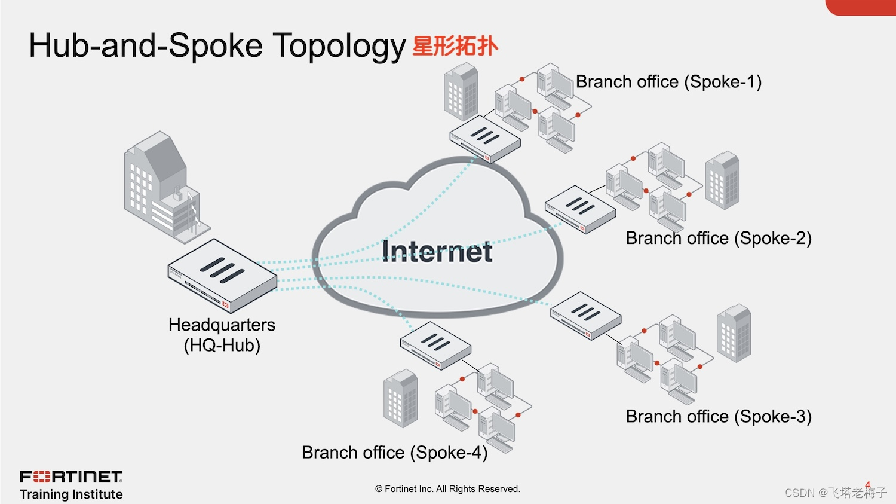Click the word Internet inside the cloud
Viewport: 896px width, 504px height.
click(437, 251)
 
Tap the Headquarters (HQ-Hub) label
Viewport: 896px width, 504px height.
click(222, 335)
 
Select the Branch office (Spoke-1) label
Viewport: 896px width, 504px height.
click(668, 82)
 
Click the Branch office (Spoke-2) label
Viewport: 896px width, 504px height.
click(719, 238)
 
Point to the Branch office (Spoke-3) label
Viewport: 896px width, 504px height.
click(719, 416)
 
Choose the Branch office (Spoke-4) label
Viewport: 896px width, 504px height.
click(395, 453)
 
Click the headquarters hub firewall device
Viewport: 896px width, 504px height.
click(222, 275)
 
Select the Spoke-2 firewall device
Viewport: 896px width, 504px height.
click(579, 209)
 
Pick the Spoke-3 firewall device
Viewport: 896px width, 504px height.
click(585, 316)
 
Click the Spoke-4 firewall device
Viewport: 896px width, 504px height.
click(435, 346)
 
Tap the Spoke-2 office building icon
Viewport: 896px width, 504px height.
click(722, 180)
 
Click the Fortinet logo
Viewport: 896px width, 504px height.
click(71, 476)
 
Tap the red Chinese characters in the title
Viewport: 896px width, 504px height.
click(455, 46)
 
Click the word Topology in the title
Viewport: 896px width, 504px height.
click(339, 47)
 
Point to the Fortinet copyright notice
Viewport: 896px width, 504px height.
click(447, 489)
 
